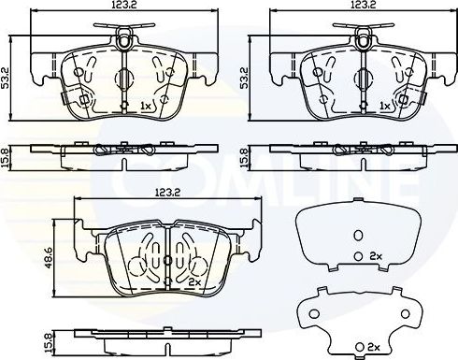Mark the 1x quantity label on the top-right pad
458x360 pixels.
point(383,105)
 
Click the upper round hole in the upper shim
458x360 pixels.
point(356,234)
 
